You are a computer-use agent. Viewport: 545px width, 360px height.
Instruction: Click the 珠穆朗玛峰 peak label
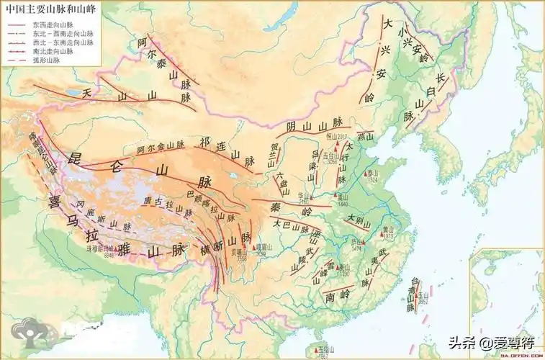(102, 248)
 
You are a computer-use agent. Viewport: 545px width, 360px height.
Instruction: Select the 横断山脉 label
(220, 245)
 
